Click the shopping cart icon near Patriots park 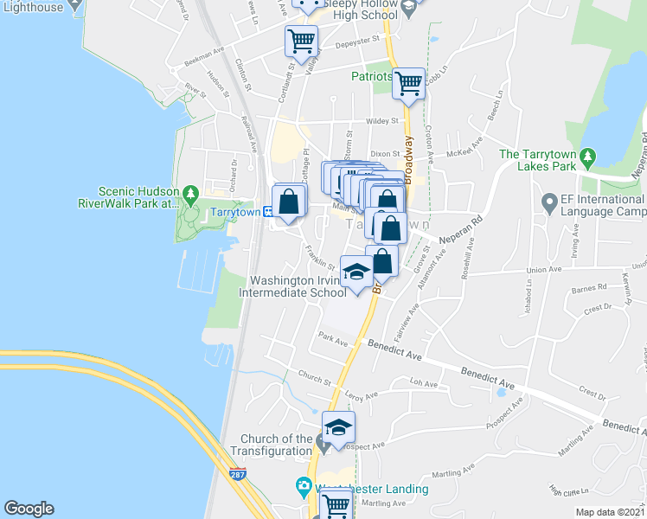408,84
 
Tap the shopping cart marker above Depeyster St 301,39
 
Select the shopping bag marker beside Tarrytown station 289,202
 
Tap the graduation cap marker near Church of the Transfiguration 338,426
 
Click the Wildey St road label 381,122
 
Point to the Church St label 314,379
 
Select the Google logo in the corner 29,509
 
